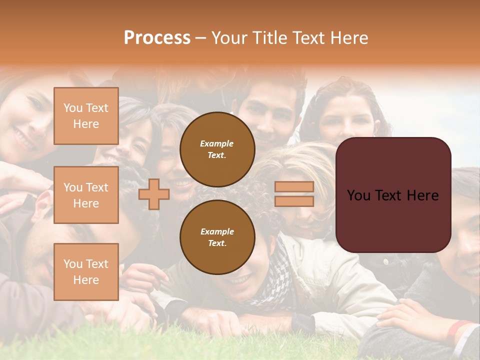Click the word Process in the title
(157, 38)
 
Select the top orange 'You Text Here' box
(86, 116)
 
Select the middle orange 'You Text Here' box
(86, 195)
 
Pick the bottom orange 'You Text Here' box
(86, 272)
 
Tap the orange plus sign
(154, 194)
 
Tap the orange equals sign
(294, 194)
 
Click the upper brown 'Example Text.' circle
(217, 149)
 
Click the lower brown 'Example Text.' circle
(217, 237)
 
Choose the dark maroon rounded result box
(393, 194)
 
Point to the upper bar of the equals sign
(294, 187)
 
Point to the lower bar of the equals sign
(294, 201)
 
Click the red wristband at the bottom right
(458, 329)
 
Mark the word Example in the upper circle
(217, 143)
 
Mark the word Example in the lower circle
(217, 231)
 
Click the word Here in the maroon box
(424, 195)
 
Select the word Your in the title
(230, 38)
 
